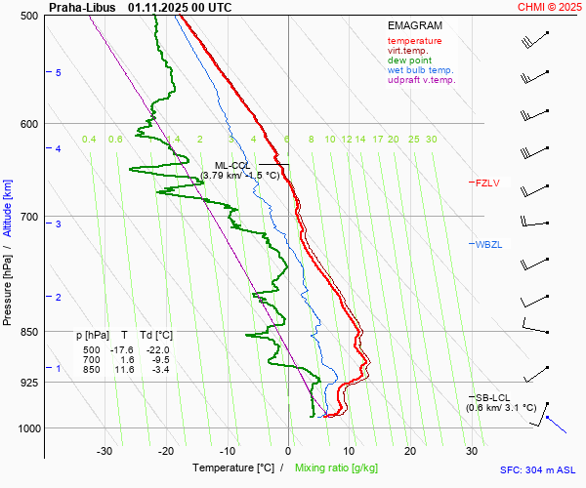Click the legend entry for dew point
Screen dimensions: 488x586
tap(409, 61)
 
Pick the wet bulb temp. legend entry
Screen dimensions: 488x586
tap(420, 70)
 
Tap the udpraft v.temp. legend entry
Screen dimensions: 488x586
tap(421, 80)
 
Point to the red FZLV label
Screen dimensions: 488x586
tap(487, 183)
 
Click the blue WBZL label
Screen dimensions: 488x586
tap(488, 244)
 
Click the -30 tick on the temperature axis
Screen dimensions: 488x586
tap(105, 451)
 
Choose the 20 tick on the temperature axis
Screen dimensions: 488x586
tap(410, 451)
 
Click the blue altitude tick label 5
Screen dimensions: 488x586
tap(59, 73)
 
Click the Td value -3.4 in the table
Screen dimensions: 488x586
tap(159, 370)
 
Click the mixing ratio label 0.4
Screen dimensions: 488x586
tap(89, 140)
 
